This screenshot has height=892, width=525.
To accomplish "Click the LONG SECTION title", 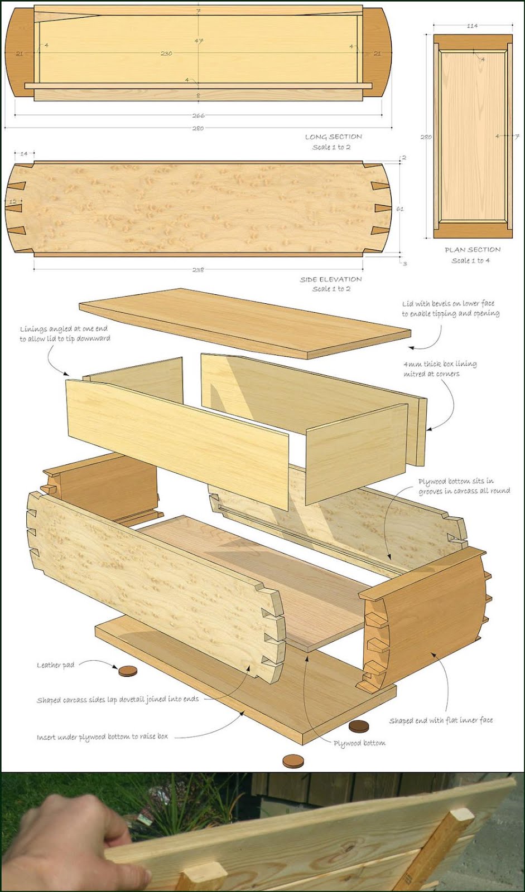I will coord(333,137).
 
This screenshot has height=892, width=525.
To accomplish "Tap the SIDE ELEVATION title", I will coord(331,279).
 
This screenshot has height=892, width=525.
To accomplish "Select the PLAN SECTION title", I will coord(473,249).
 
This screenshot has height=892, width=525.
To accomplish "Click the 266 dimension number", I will coord(198,116).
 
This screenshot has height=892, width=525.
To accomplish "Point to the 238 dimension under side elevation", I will coord(198,269).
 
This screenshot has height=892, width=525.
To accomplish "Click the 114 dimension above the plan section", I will coord(472,26).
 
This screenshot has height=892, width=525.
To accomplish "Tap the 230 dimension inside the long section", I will coord(166,54).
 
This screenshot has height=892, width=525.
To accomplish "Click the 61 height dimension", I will coord(400,209).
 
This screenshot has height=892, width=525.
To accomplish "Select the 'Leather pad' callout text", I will coord(55,665).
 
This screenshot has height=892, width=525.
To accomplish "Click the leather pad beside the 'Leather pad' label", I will coord(128,671).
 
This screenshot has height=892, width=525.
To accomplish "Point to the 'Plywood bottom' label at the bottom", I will coord(359,743).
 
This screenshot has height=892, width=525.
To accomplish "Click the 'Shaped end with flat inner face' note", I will coord(441,720).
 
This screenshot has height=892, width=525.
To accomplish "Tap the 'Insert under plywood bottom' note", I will coord(102,736).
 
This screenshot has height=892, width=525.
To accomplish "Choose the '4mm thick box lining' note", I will coord(440,369).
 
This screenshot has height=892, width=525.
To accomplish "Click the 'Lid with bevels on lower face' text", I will coord(450,308).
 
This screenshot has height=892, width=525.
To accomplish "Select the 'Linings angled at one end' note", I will coord(64,333).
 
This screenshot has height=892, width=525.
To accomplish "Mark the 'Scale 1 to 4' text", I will coord(471,260).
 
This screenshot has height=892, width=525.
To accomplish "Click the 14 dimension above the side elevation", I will coord(24,153).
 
